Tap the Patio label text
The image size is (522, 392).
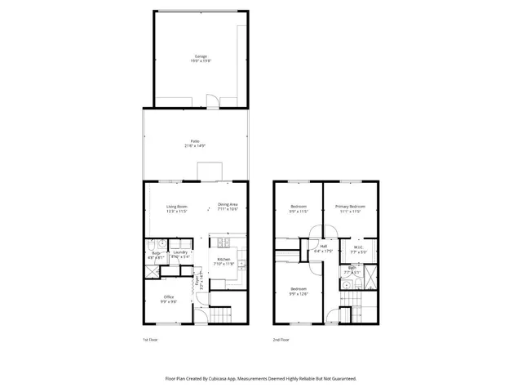click(x=194, y=141)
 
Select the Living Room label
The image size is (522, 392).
click(x=177, y=206)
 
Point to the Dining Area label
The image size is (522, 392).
click(x=228, y=206)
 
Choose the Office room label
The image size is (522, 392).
click(x=169, y=296)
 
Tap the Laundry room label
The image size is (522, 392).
click(x=180, y=253)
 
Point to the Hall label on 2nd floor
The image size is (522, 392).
click(x=324, y=246)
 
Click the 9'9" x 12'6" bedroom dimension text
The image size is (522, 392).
click(x=299, y=293)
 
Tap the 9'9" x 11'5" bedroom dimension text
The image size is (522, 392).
click(x=299, y=211)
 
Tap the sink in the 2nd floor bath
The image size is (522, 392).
click(x=346, y=284)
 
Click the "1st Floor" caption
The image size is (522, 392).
click(x=150, y=338)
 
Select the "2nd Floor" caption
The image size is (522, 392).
click(x=281, y=338)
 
